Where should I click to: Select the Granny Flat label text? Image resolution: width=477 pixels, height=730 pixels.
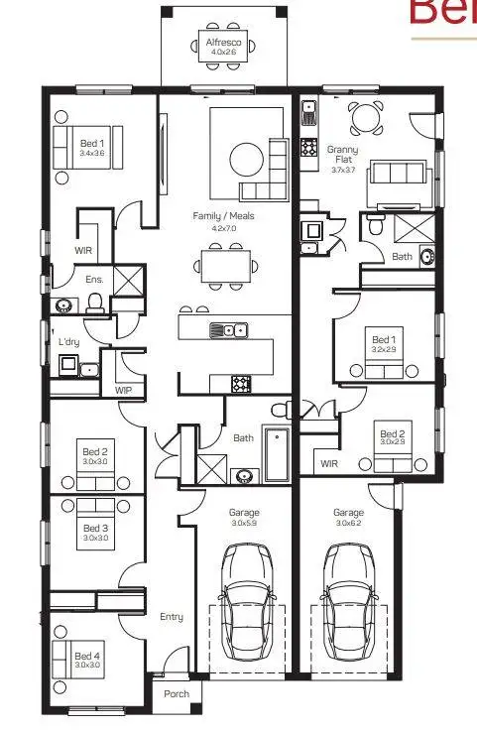point(344,156)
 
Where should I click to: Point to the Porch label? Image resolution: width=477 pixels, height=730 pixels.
point(176,694)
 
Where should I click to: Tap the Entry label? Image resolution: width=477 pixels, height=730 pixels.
point(172,617)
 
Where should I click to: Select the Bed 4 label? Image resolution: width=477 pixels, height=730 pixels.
point(87,656)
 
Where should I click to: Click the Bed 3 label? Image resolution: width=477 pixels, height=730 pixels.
point(95,528)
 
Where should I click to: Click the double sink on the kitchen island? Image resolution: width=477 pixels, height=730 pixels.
point(227,330)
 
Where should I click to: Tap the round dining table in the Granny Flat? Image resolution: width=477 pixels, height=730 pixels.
point(367,119)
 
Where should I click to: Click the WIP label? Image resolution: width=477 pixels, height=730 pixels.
point(123,391)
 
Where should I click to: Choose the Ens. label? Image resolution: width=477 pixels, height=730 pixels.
point(94,280)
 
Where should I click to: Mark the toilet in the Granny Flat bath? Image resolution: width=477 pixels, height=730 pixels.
point(375,226)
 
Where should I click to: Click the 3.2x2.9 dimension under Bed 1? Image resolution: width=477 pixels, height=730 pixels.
point(384,350)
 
